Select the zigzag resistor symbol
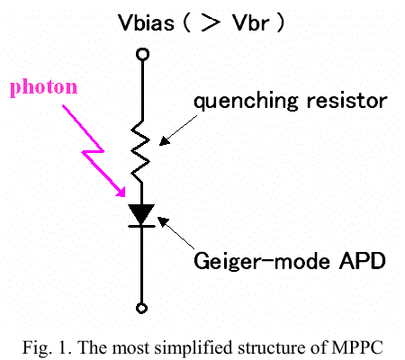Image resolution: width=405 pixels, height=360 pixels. click(140, 151)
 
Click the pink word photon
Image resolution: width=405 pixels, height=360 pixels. click(44, 87)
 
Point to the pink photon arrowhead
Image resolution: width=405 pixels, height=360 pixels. click(121, 192)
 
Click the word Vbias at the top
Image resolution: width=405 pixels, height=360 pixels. click(146, 22)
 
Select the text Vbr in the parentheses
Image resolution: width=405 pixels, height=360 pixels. click(251, 22)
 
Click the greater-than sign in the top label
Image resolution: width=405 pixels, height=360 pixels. click(211, 22)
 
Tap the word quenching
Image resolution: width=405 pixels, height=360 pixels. click(246, 102)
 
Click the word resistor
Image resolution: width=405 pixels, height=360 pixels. click(347, 101)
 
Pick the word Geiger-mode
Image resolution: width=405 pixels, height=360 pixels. click(262, 260)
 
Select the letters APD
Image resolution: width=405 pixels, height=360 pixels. click(363, 260)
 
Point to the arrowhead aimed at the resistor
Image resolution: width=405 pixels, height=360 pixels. click(165, 141)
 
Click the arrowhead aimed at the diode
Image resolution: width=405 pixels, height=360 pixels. click(163, 222)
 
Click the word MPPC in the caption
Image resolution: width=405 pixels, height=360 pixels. click(357, 347)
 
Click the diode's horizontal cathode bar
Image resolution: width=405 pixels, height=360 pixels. click(141, 226)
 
